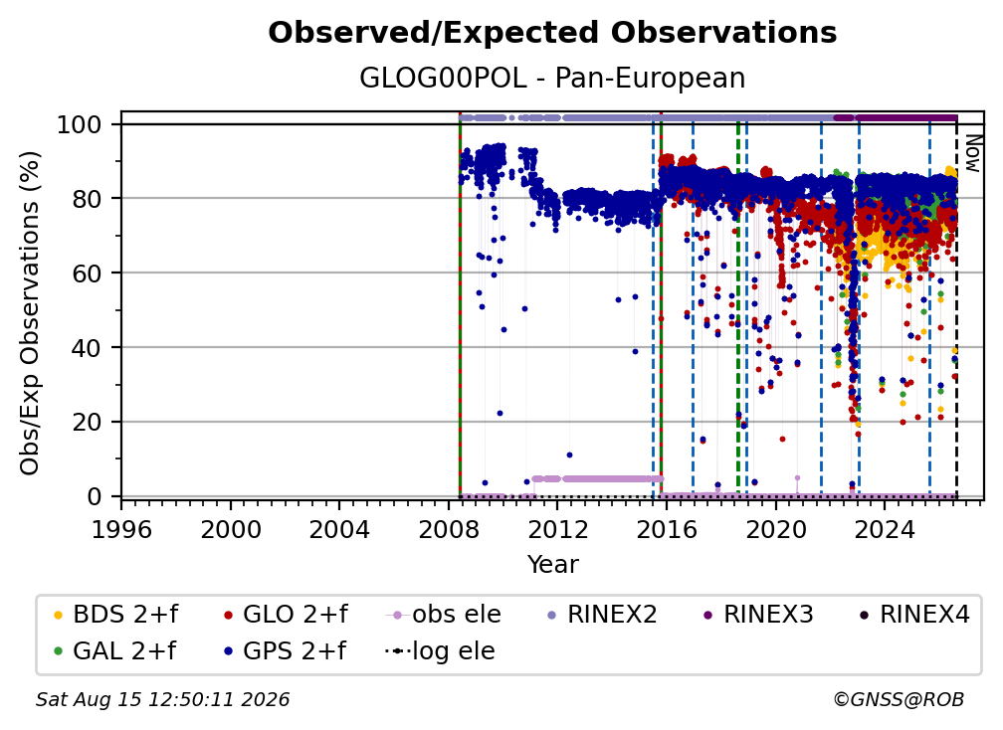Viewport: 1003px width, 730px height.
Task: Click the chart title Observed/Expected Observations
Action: (x=552, y=33)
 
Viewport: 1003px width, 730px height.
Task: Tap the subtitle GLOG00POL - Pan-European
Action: (x=552, y=78)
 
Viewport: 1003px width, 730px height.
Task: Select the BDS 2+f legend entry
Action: (x=115, y=615)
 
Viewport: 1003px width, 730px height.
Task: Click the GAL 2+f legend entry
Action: (x=114, y=651)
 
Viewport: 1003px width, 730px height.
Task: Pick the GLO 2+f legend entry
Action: (x=286, y=615)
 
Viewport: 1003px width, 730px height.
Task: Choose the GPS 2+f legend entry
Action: (x=285, y=651)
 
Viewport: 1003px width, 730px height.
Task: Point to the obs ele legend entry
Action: (x=444, y=615)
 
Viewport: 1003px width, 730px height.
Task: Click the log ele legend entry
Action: (x=440, y=651)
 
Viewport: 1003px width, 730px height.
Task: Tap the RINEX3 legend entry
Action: (x=757, y=615)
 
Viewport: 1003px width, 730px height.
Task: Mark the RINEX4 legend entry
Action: (x=914, y=615)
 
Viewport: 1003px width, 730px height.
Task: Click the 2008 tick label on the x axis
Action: (x=449, y=530)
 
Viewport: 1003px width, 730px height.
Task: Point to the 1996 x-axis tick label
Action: (x=121, y=530)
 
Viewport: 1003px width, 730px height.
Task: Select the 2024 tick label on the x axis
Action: (x=885, y=530)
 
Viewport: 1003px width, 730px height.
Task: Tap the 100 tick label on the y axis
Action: (x=80, y=124)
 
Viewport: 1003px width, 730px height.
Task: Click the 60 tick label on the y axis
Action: (x=87, y=273)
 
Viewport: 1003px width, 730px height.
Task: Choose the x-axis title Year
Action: (x=552, y=565)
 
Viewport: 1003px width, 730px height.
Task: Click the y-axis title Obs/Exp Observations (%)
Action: (x=30, y=313)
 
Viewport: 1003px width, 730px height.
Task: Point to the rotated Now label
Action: (x=972, y=153)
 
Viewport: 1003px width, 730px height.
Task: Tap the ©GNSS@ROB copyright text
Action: (x=899, y=700)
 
